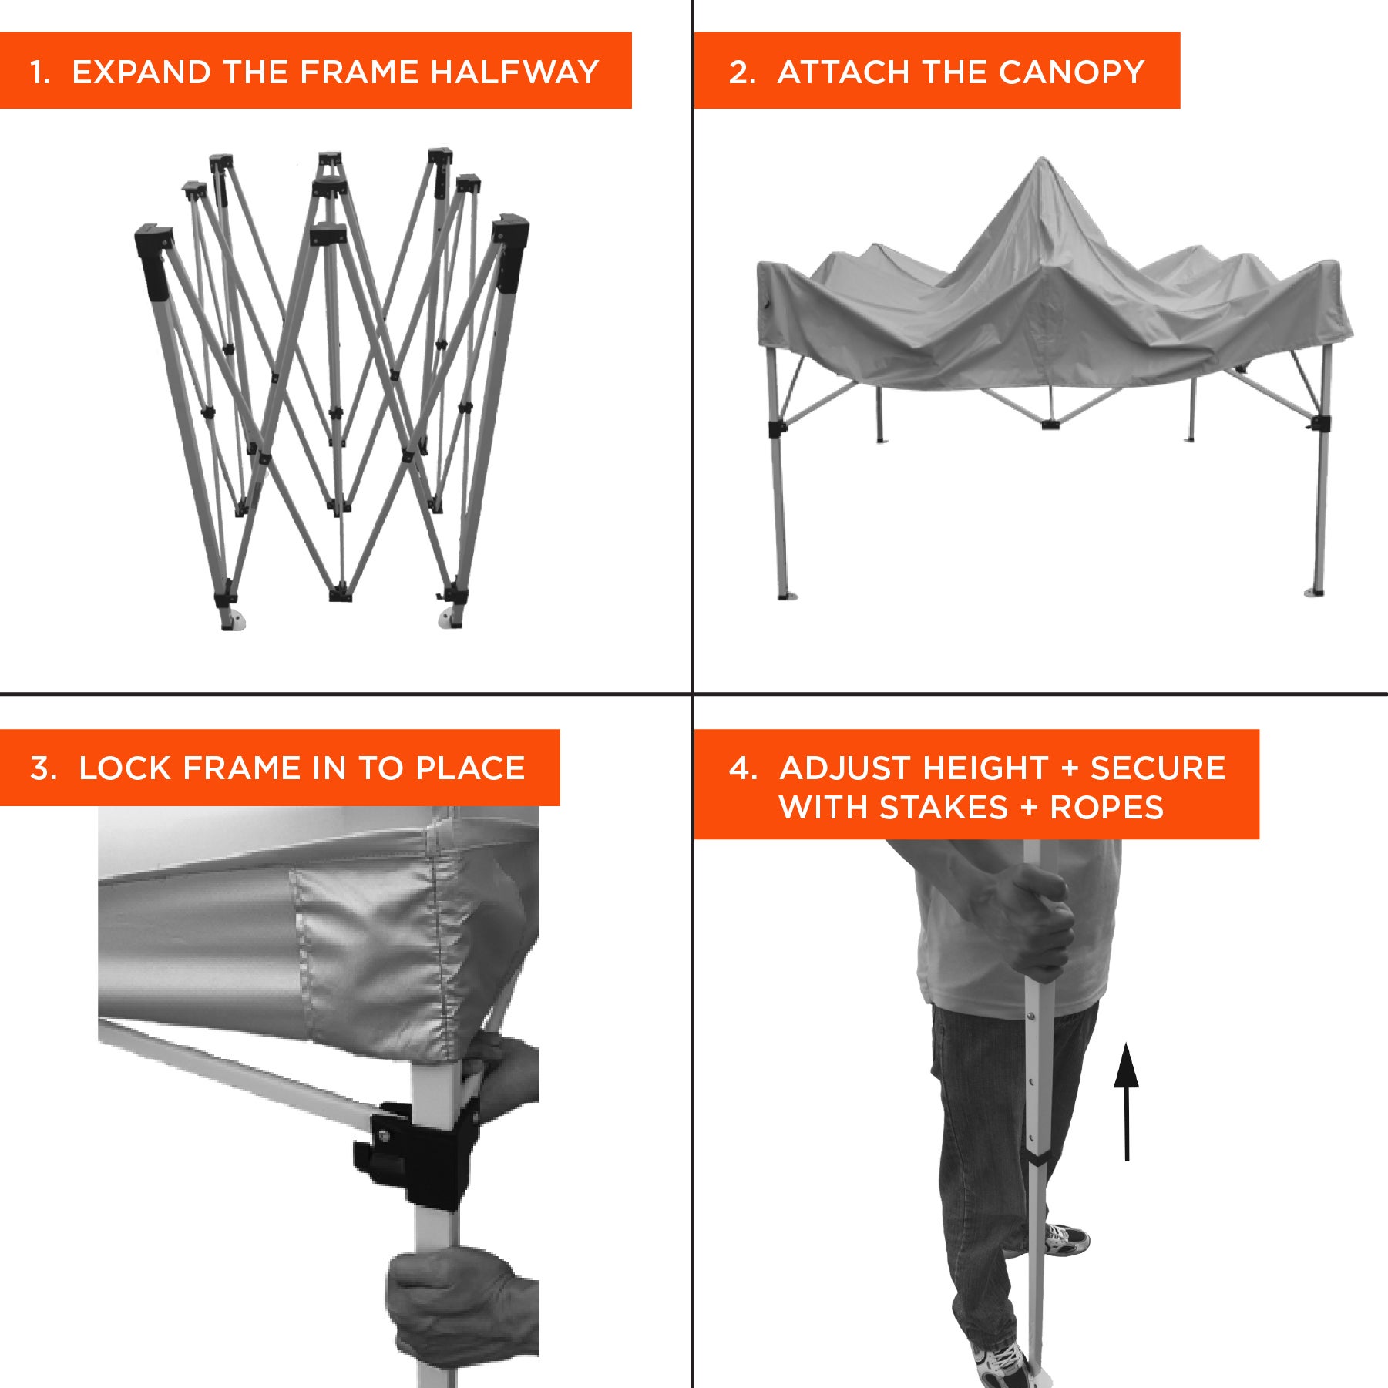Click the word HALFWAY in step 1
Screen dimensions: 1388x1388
coord(514,72)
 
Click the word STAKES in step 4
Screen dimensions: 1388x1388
coord(943,808)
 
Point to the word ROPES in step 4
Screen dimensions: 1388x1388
coord(1107,808)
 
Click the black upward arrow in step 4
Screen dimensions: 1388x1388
coord(1126,1102)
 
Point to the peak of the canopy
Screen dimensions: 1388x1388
coord(1043,159)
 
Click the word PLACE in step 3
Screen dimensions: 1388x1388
coord(470,768)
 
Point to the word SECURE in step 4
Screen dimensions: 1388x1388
coord(1158,768)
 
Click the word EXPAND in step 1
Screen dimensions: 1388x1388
coord(142,72)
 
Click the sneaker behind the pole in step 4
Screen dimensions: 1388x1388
coord(1067,1238)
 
